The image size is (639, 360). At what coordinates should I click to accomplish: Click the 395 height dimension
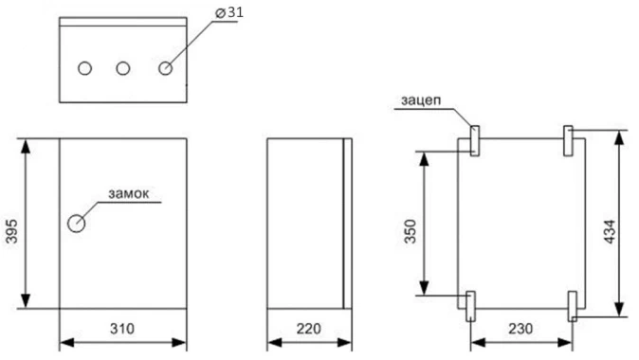click(x=11, y=224)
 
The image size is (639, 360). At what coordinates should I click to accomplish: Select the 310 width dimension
click(x=121, y=329)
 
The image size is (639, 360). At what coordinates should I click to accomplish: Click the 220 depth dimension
click(x=307, y=329)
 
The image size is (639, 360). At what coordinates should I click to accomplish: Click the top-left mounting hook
click(x=472, y=141)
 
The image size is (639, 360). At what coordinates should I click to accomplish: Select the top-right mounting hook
click(x=568, y=141)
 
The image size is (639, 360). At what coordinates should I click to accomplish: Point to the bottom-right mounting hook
click(x=572, y=305)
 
